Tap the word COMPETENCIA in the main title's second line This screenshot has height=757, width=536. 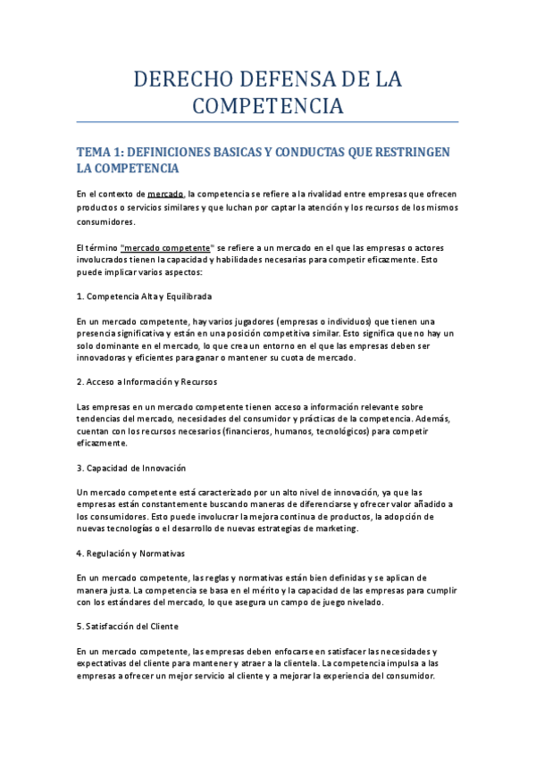click(268, 105)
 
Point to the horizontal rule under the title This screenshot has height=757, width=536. click(268, 121)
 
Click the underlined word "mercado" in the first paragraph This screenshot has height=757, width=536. click(165, 194)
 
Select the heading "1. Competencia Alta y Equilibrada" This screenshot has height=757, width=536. click(143, 295)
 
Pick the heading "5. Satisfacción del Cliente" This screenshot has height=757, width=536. click(128, 626)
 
